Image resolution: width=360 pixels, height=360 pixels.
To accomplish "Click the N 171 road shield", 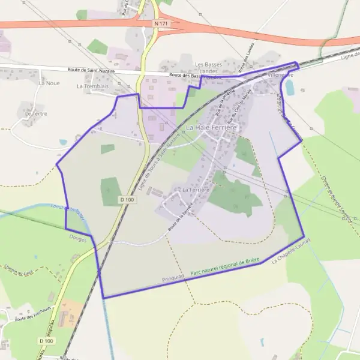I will pyautogui.click(x=159, y=23).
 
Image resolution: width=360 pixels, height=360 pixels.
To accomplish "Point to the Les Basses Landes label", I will pyautogui.click(x=208, y=67).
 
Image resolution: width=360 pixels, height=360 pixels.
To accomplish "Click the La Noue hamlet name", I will pyautogui.click(x=47, y=83).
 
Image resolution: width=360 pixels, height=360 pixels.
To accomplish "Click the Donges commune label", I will pyautogui.click(x=78, y=239).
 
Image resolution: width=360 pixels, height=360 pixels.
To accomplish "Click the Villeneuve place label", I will pyautogui.click(x=280, y=76).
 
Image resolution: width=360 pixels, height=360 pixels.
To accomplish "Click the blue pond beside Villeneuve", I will pyautogui.click(x=290, y=88).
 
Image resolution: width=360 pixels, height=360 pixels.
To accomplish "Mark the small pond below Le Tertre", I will pyautogui.click(x=63, y=142).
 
